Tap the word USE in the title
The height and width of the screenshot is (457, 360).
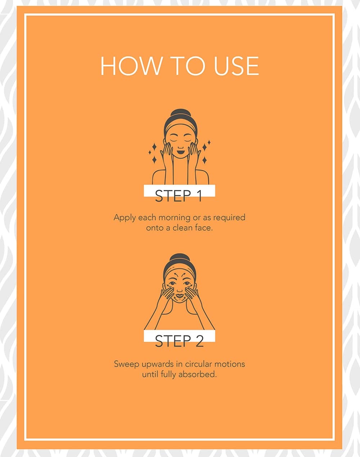236,66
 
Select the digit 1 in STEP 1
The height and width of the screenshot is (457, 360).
199,196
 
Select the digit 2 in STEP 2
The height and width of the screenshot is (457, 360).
199,341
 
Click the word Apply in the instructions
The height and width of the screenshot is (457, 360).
125,218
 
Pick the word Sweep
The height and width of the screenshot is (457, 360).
126,364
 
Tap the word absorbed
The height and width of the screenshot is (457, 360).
197,374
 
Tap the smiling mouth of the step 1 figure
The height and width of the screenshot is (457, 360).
180,153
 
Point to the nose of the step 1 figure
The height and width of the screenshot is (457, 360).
180,147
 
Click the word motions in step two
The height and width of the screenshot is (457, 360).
230,364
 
